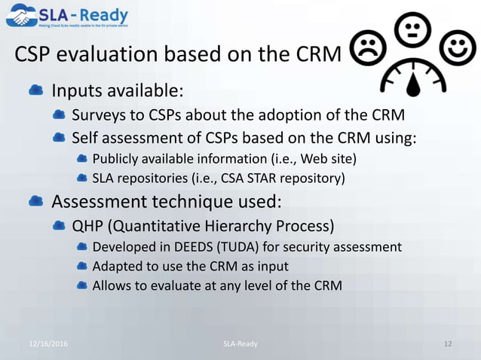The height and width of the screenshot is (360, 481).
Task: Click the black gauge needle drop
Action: pos(411,84)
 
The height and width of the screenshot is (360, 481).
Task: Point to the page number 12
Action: pos(448,343)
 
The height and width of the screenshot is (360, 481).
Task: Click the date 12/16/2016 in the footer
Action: pos(48,343)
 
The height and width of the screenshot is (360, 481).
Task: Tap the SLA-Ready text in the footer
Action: pos(240,343)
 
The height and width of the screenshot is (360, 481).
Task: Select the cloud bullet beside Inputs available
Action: pos(35,91)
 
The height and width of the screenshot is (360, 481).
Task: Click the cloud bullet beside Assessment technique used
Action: pos(35,202)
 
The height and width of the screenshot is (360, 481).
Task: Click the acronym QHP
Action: pos(87,226)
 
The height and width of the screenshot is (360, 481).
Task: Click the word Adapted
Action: pos(116,266)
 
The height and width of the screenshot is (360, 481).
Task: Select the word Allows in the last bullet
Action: pos(112,285)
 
